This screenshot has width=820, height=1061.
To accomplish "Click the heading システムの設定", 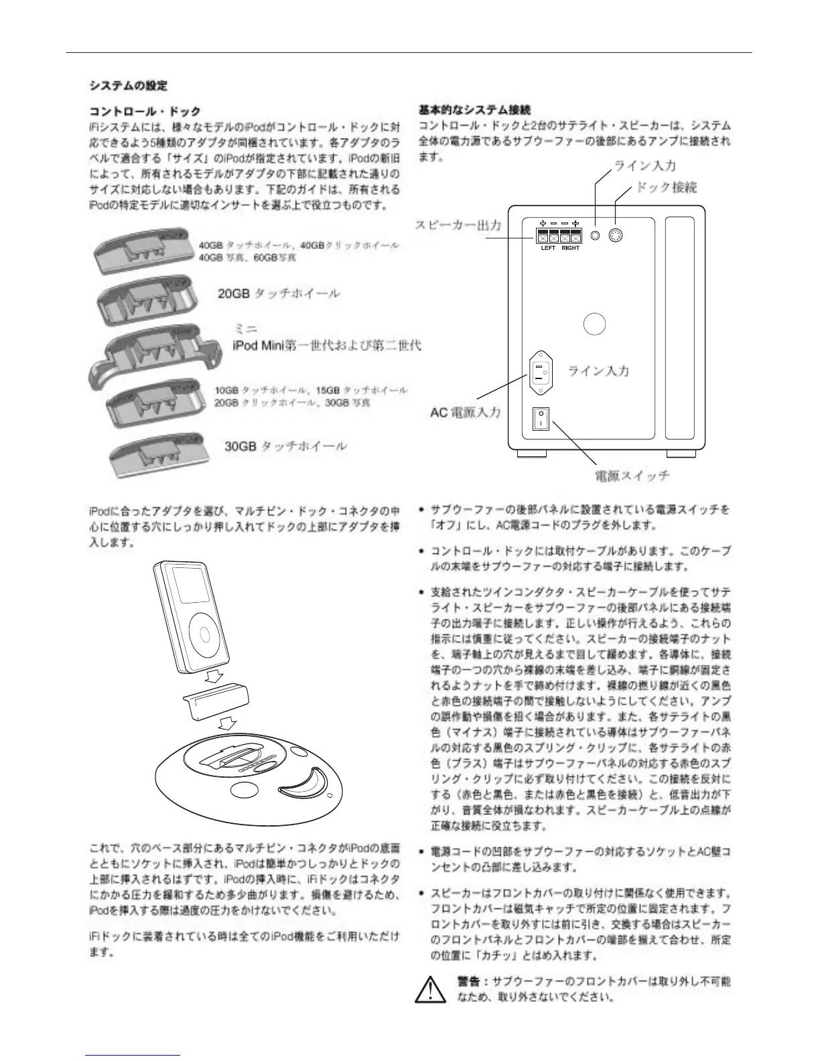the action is [129, 86].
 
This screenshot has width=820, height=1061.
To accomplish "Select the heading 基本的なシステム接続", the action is [475, 109].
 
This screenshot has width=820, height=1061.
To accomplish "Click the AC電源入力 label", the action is [465, 412].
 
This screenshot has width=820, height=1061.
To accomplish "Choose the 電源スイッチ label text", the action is [632, 476].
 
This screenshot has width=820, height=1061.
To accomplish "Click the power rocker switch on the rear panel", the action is [540, 419].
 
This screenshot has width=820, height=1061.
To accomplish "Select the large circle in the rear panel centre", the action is [594, 324].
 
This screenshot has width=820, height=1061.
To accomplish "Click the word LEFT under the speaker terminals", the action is [548, 248].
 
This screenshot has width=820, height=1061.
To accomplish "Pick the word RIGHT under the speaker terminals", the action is [571, 248].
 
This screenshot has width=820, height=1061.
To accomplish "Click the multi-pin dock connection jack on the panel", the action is [617, 235].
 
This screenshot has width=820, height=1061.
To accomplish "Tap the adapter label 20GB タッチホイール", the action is [279, 293].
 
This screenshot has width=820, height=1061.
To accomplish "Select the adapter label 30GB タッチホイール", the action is [285, 445].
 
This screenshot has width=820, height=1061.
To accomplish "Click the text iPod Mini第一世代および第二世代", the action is [326, 346].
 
